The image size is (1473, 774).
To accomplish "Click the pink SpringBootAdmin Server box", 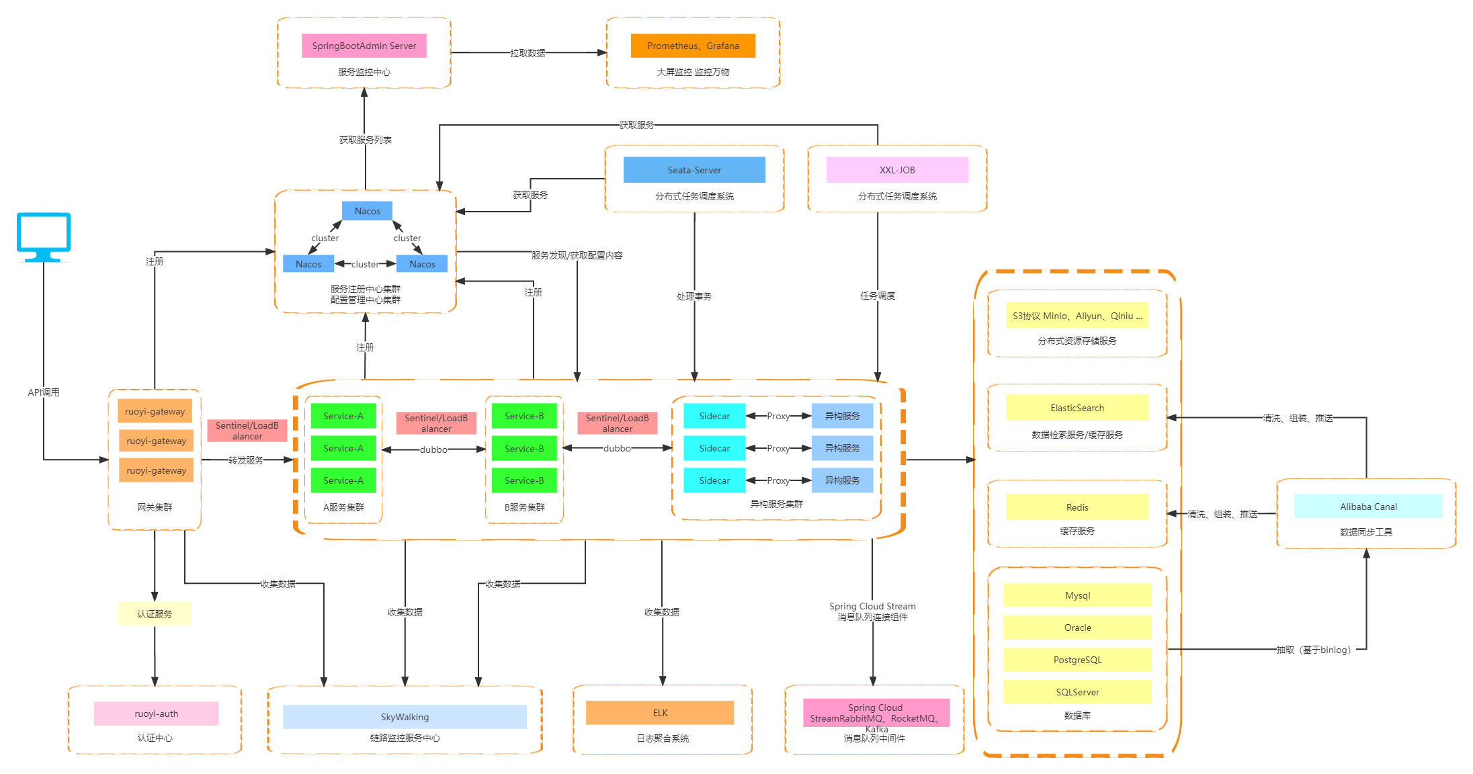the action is (364, 46).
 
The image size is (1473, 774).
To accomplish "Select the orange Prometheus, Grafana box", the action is (693, 46).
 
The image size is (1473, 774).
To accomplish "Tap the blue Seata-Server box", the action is (694, 170).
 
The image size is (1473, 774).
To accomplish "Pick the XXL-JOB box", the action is (897, 170).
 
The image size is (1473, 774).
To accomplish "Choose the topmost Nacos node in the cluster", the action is (368, 211).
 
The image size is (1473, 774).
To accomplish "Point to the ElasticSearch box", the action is (1077, 408).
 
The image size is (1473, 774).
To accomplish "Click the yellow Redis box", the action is (1077, 507).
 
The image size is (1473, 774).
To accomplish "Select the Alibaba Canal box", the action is (1368, 507).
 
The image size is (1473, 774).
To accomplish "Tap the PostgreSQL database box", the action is (1077, 660).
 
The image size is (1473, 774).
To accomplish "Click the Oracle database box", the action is (1077, 628).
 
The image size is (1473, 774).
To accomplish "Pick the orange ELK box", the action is (660, 713).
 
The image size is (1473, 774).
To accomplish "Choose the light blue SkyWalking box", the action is (405, 717).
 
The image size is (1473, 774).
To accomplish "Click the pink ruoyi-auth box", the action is (156, 714).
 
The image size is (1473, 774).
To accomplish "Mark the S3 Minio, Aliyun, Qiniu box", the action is (1077, 316).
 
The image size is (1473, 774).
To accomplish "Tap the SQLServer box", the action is (1077, 692).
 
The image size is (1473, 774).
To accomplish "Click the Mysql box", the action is (1077, 595).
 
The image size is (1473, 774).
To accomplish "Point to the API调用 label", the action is (44, 392).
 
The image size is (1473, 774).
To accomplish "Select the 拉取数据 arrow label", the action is (528, 53).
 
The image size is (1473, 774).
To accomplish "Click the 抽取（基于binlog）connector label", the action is (1314, 650).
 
